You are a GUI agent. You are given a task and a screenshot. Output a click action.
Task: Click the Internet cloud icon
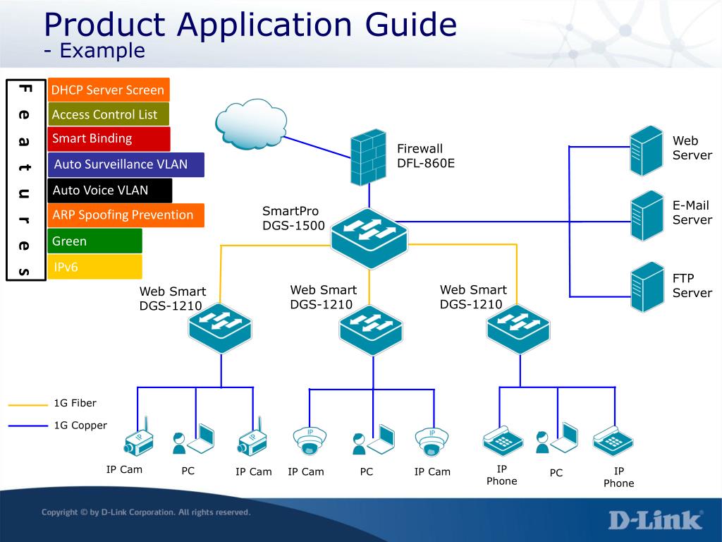tap(251, 124)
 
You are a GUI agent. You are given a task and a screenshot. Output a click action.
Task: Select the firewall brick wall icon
tap(368, 157)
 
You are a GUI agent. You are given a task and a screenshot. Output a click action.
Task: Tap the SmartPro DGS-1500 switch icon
tap(369, 238)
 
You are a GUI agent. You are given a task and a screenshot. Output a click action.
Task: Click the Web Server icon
tap(647, 151)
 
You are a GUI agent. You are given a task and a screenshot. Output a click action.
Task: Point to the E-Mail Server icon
tap(647, 216)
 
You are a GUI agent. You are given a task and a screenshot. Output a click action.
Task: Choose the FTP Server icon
tap(647, 287)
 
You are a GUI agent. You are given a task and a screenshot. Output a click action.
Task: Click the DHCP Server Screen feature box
tap(109, 90)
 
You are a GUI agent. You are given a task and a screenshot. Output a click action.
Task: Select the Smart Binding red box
tap(109, 139)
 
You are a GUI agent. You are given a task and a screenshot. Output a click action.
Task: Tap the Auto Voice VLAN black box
tap(109, 191)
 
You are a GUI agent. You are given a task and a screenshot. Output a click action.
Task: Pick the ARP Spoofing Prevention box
tap(126, 215)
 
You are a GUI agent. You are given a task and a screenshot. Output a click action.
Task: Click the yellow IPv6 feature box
tap(94, 267)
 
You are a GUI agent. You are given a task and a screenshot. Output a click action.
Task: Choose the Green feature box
tap(94, 241)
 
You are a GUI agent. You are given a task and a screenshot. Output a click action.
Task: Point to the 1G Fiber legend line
tap(27, 405)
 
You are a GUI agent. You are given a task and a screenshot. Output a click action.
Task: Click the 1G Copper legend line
tap(27, 426)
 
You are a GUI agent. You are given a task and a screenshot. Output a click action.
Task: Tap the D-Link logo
tap(656, 520)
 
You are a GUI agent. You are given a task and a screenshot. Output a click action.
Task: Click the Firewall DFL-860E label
tap(425, 156)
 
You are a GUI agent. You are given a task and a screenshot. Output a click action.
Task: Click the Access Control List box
tap(108, 114)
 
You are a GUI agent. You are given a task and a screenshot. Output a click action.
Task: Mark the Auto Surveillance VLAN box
tap(126, 164)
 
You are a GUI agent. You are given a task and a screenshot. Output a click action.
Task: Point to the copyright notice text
tap(146, 512)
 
